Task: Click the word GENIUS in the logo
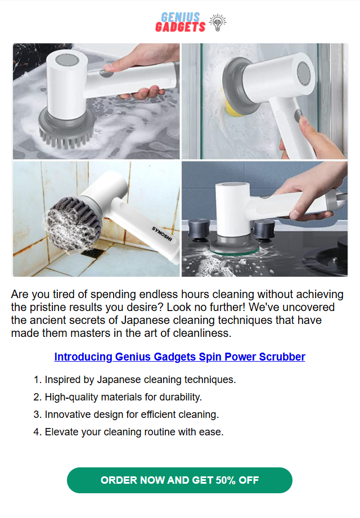pyautogui.click(x=181, y=17)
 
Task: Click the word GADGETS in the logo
pyautogui.click(x=181, y=27)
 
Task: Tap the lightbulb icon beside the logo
pyautogui.click(x=218, y=22)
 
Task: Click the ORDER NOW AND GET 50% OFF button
pyautogui.click(x=179, y=480)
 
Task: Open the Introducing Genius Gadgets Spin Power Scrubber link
pyautogui.click(x=179, y=357)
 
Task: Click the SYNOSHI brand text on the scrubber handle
pyautogui.click(x=162, y=233)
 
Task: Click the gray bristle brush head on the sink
pyautogui.click(x=66, y=130)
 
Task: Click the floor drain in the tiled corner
pyautogui.click(x=93, y=253)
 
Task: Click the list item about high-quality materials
pyautogui.click(x=118, y=397)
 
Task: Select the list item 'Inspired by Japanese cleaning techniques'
pyautogui.click(x=135, y=380)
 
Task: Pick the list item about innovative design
pyautogui.click(x=126, y=415)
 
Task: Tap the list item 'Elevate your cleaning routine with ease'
pyautogui.click(x=128, y=432)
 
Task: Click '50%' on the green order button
pyautogui.click(x=226, y=480)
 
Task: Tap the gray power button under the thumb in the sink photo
pyautogui.click(x=107, y=73)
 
